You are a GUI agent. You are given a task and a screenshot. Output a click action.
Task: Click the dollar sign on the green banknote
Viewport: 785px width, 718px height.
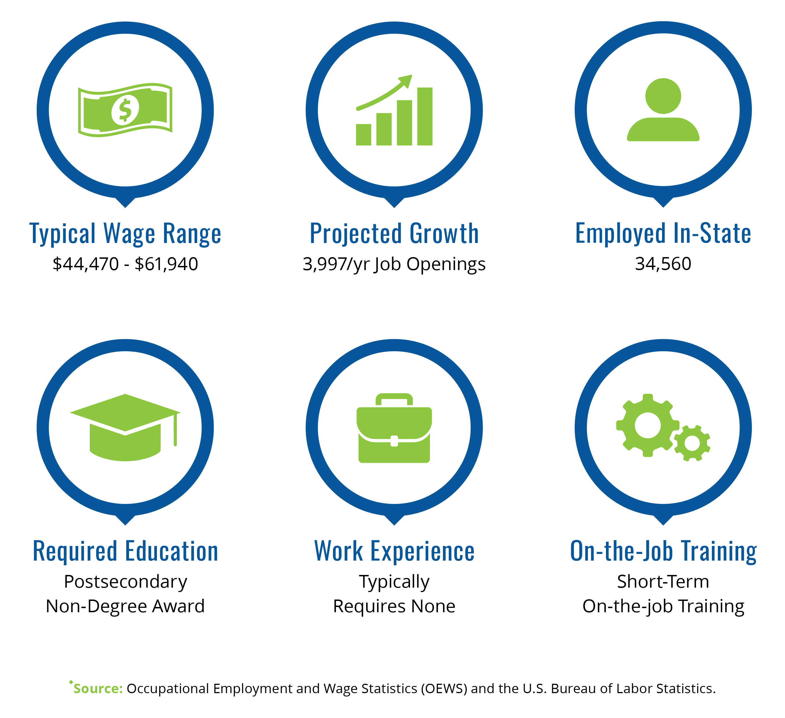[125, 110]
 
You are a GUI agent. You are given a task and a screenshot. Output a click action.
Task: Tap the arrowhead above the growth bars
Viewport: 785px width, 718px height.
[406, 81]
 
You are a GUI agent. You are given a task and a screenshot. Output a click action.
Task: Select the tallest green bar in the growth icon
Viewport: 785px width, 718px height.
[425, 116]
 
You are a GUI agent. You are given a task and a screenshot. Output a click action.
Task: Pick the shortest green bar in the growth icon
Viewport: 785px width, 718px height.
[363, 135]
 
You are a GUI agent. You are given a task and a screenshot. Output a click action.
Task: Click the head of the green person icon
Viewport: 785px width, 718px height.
[663, 96]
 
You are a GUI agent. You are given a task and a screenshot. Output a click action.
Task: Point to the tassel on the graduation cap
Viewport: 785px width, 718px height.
[175, 430]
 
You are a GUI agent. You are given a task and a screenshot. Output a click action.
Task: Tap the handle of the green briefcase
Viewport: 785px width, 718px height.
[394, 399]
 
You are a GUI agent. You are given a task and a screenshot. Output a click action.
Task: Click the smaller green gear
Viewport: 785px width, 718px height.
[692, 443]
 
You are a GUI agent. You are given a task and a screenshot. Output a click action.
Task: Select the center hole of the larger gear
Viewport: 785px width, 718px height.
[648, 425]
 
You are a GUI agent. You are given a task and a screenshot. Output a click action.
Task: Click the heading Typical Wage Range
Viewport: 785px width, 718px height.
[125, 234]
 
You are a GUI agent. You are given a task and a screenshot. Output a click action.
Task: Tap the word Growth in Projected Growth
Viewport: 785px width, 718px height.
[444, 234]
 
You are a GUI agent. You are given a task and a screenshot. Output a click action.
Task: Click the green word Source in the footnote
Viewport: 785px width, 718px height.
[98, 689]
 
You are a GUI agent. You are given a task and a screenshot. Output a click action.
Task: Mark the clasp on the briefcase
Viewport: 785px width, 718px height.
[394, 441]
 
